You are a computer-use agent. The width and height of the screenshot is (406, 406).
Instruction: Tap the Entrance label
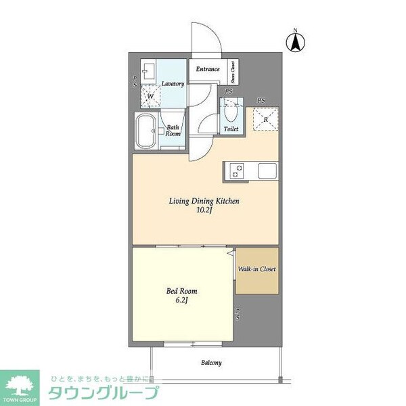[207, 69]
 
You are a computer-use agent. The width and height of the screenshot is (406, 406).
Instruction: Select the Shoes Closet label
[233, 69]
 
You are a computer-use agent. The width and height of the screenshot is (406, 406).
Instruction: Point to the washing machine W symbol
[151, 96]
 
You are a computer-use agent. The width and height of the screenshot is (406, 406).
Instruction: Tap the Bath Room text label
[173, 130]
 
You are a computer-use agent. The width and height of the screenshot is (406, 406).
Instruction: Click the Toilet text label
[231, 128]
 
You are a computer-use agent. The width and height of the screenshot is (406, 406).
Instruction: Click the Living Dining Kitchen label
[204, 201]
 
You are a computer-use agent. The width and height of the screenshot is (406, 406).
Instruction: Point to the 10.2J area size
[204, 211]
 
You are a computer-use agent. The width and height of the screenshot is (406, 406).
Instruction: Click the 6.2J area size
[182, 301]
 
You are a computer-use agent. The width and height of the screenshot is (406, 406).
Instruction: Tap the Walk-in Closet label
[256, 269]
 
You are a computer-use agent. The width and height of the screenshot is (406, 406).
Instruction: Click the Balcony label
[211, 363]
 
